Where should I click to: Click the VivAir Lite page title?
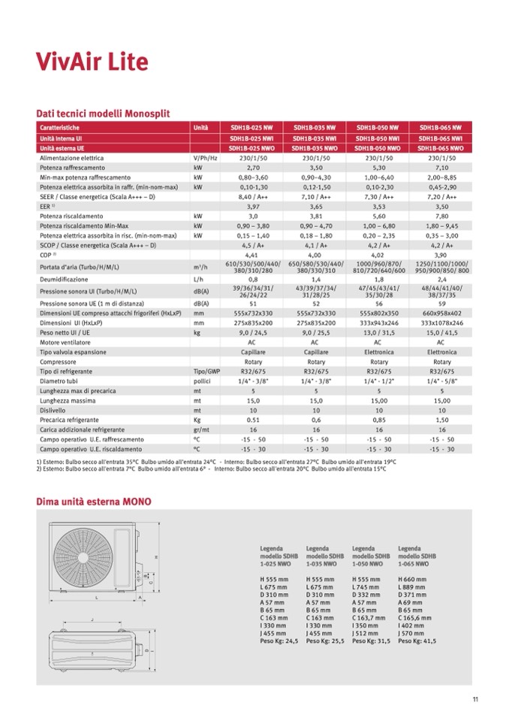coord(92,61)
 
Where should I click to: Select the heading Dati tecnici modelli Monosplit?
coord(103,114)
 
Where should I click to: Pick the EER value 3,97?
coord(253,205)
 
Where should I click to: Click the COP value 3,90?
coord(441,255)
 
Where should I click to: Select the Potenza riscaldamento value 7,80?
coord(441,215)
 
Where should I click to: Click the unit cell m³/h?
coord(200,267)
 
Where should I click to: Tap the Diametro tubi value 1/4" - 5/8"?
coord(441,380)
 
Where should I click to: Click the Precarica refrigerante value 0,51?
coord(253,420)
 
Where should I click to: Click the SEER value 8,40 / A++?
coord(253,195)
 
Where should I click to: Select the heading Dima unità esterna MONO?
coord(94,501)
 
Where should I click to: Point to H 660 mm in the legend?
coord(413,579)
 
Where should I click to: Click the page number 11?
coord(475,700)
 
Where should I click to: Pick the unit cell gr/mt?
coord(199,429)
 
